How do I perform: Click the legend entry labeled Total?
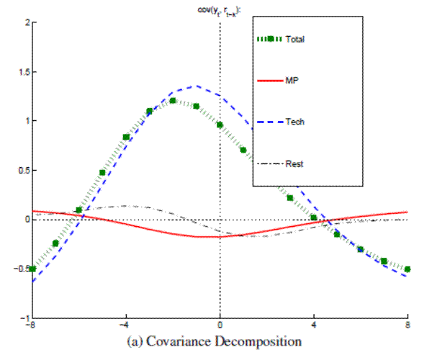click(294, 39)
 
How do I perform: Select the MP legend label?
click(292, 80)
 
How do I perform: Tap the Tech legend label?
click(294, 122)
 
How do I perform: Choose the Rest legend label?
click(294, 163)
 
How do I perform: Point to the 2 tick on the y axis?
click(24, 22)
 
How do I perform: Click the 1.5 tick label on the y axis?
click(22, 72)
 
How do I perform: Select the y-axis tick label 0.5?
click(22, 171)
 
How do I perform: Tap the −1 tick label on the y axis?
click(23, 318)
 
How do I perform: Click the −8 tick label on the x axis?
click(30, 326)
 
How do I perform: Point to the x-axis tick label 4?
click(314, 326)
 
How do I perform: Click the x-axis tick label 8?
click(408, 326)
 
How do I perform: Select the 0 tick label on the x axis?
click(220, 326)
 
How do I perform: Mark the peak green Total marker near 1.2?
click(173, 101)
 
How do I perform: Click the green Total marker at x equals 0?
click(220, 125)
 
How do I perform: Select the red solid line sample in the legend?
click(271, 80)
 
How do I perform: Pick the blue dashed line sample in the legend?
click(271, 122)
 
